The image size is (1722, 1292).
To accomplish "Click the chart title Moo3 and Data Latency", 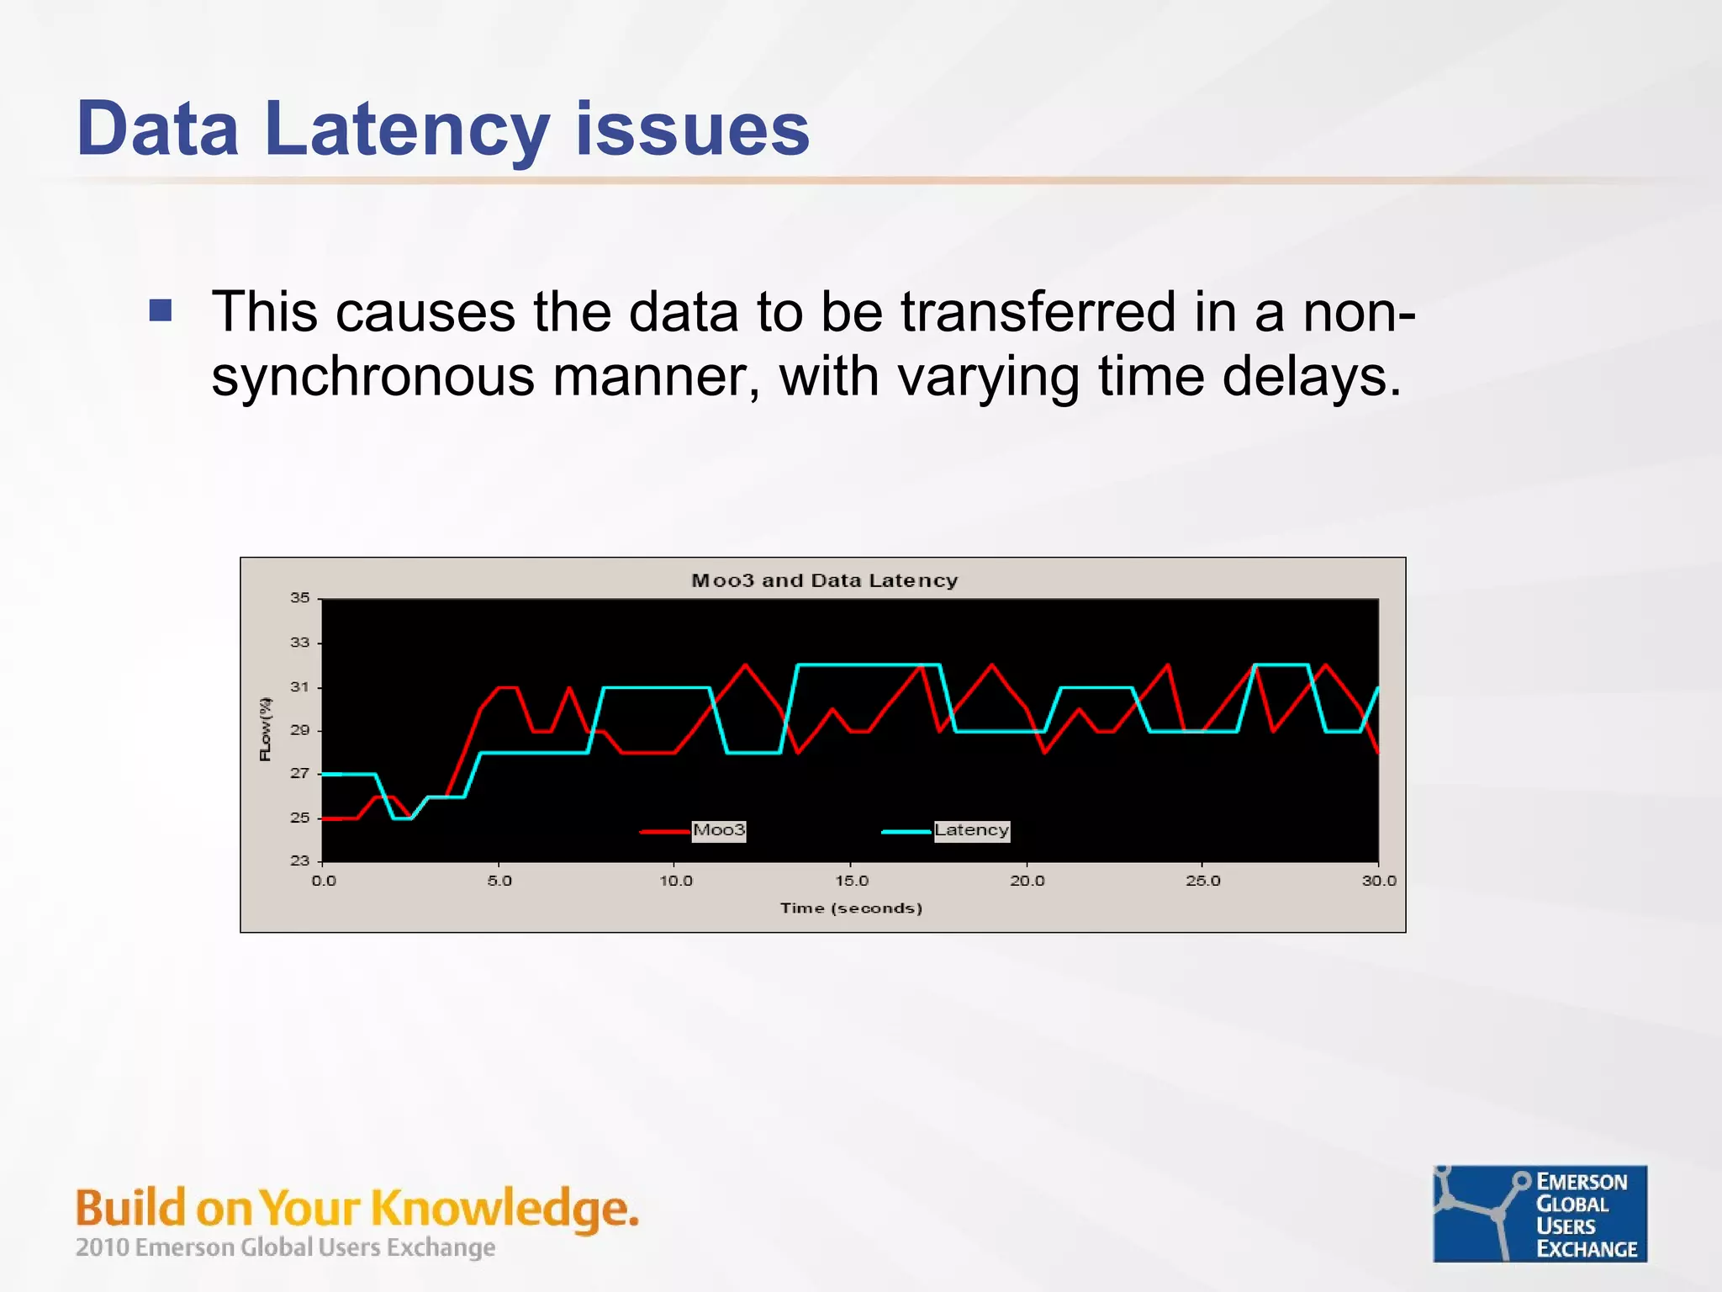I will click(x=824, y=580).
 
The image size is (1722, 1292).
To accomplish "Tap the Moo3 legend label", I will click(x=719, y=830).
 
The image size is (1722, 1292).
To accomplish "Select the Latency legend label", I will click(x=971, y=830).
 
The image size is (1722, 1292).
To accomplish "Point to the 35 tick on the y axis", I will click(x=300, y=598).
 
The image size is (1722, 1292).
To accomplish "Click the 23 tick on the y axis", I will click(x=300, y=860).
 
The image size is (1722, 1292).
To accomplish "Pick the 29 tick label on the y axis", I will click(x=300, y=730).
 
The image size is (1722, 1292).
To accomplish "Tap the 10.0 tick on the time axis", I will click(x=676, y=881).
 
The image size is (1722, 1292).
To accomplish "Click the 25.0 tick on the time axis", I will click(x=1203, y=881).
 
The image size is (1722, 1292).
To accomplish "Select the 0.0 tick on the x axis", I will click(x=324, y=881).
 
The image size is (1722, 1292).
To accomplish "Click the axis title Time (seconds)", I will click(x=851, y=908).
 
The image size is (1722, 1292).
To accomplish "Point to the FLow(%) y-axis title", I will click(x=266, y=729).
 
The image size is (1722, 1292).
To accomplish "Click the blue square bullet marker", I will click(x=161, y=311).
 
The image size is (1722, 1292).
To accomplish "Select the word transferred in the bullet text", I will click(x=1038, y=312).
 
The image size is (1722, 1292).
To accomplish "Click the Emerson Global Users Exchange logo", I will click(x=1540, y=1214).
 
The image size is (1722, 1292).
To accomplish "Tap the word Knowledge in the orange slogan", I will click(x=504, y=1209).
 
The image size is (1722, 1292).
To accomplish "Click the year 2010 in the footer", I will click(x=102, y=1247).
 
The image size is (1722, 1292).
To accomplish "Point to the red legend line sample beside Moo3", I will click(x=665, y=832).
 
